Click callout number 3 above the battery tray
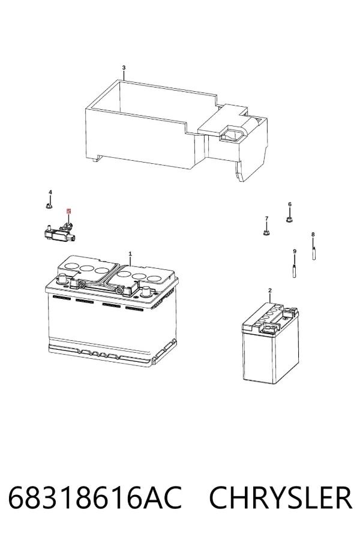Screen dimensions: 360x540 tap(124, 67)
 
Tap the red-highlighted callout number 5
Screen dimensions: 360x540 tap(69, 211)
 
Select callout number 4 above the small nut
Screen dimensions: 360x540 tap(50, 192)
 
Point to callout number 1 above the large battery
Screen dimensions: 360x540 tap(130, 254)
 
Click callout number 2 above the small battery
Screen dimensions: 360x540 tap(270, 290)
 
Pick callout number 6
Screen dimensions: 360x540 tap(290, 204)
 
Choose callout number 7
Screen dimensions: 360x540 tap(266, 218)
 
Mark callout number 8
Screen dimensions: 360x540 tap(313, 235)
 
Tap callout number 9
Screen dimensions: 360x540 tap(295, 251)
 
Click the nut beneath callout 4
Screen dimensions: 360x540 tap(49, 206)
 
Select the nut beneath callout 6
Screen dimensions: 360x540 tap(289, 219)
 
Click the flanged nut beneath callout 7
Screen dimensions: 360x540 tap(266, 233)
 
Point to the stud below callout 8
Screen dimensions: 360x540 tap(314, 254)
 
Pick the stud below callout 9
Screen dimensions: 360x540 tap(295, 271)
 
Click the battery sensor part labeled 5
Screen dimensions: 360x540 tap(60, 233)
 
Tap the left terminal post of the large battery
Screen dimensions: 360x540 tap(62, 278)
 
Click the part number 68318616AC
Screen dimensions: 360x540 tap(94, 497)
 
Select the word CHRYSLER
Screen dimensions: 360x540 tap(280, 497)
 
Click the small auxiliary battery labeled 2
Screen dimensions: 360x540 tap(270, 342)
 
